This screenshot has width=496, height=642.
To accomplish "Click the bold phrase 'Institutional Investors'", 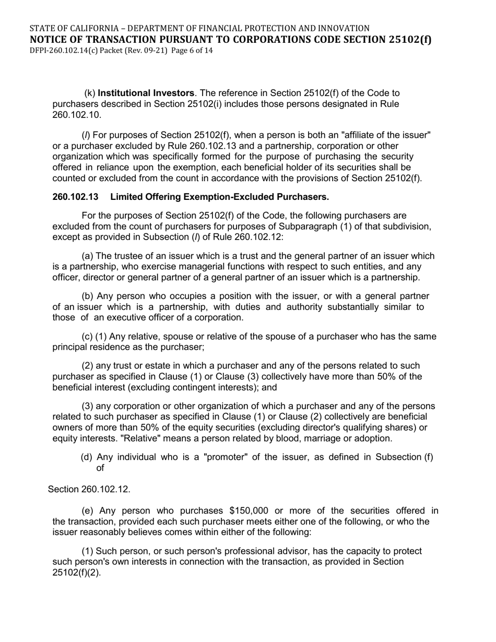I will [x=146, y=93].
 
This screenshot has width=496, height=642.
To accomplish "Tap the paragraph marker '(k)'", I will [x=90, y=93].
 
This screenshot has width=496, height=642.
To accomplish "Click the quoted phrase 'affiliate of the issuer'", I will [x=385, y=135].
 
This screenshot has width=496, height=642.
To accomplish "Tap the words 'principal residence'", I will [x=92, y=347].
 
